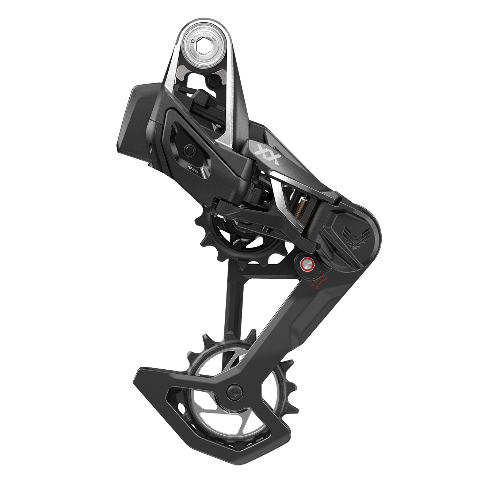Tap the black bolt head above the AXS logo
point(189,149)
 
